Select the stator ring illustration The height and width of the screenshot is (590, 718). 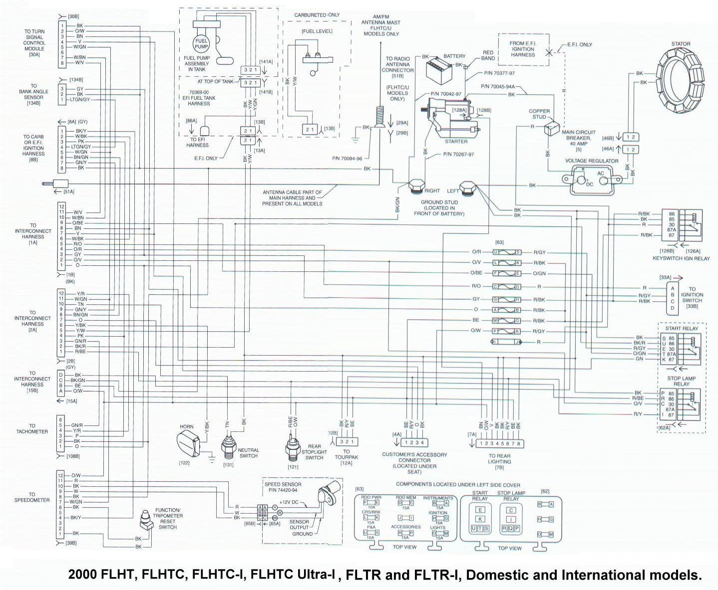click(x=680, y=80)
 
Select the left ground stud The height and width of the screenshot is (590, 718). click(x=468, y=189)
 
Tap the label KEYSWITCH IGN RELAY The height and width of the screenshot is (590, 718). click(x=682, y=258)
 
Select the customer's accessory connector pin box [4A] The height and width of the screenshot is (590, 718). click(x=414, y=442)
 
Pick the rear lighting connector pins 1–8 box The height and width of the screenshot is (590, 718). click(x=499, y=443)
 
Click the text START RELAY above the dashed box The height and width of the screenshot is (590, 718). click(x=681, y=329)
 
